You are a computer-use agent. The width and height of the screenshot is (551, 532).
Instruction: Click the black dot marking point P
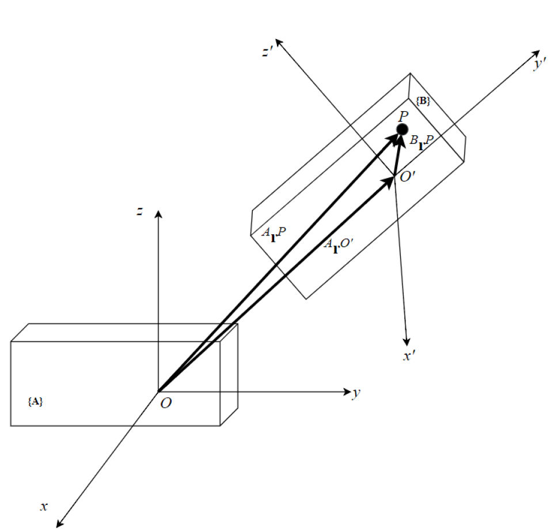click(x=402, y=129)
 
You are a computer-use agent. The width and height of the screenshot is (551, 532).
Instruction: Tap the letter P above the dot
click(x=403, y=115)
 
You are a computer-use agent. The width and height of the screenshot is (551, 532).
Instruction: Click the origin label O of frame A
click(x=165, y=404)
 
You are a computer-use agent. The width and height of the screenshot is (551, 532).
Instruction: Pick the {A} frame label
click(x=35, y=402)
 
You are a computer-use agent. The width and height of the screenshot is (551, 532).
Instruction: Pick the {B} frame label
click(x=423, y=101)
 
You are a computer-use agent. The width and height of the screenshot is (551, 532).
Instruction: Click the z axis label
click(x=139, y=212)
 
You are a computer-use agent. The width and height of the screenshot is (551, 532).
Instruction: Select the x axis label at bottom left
click(x=43, y=506)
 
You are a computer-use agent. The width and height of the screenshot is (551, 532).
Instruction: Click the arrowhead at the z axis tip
click(x=158, y=214)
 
